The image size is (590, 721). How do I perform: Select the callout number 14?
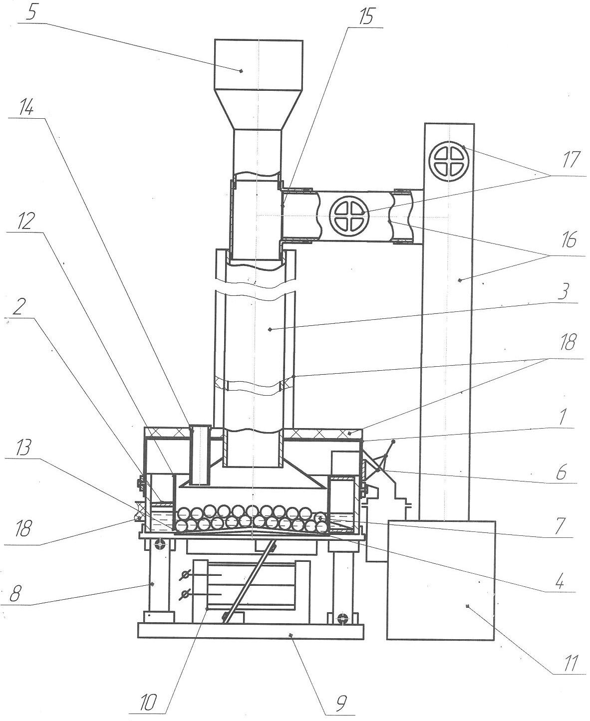[x=26, y=108]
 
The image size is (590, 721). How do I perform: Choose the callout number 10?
[x=148, y=702]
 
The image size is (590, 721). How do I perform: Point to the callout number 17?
[x=572, y=161]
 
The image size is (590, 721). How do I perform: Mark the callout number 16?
[x=569, y=240]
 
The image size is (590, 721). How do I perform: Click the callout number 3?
[x=563, y=291]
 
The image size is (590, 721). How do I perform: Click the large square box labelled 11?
[x=441, y=580]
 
